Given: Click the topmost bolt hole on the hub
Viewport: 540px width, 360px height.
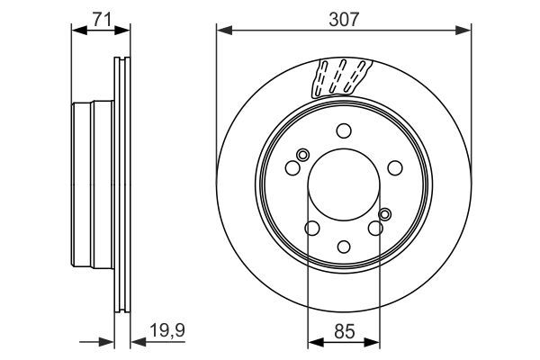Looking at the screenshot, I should tap(343, 130).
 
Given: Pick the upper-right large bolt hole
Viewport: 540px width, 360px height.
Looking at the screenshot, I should tap(394, 166).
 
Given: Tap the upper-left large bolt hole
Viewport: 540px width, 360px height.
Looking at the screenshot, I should tap(292, 166).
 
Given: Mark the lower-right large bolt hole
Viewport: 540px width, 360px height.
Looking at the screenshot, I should tap(374, 229).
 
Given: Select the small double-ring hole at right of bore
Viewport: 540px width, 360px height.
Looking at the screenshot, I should tap(385, 214).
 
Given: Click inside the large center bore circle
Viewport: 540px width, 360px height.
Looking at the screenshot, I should tap(343, 189).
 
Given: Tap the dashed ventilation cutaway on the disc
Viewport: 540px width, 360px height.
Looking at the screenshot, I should tap(340, 77).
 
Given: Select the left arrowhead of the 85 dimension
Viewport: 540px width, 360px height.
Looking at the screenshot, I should tap(314, 341).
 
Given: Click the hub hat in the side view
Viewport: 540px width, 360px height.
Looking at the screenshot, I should tap(94, 189).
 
